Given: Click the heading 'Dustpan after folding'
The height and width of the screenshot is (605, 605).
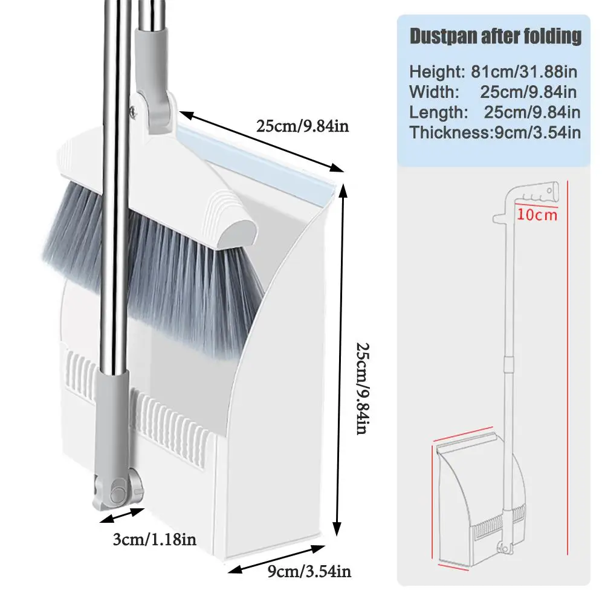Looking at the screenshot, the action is (495, 36).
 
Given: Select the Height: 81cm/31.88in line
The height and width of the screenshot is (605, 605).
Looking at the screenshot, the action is (493, 72).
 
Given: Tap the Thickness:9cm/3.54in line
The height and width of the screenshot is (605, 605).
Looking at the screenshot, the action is (495, 133).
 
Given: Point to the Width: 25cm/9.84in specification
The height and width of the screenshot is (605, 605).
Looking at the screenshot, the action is (493, 92).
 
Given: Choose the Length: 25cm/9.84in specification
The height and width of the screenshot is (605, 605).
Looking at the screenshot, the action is (494, 112).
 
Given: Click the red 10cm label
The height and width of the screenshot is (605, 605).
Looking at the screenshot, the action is (536, 215).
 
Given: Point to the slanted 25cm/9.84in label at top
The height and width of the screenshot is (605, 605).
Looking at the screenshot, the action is (302, 126).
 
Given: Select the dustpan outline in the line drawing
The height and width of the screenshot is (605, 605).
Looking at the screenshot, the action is (465, 502).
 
